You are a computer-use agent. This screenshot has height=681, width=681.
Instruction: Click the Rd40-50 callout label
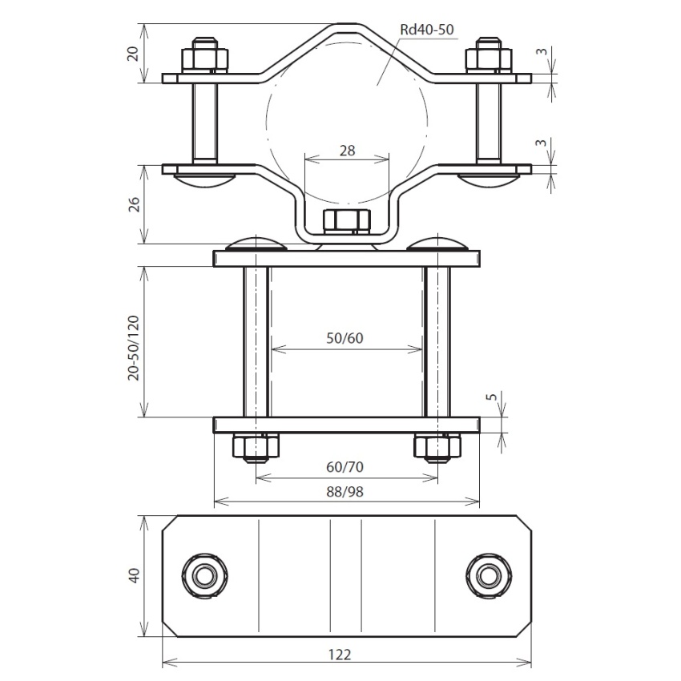tap(426, 30)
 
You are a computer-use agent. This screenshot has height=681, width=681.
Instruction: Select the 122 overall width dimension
tap(339, 654)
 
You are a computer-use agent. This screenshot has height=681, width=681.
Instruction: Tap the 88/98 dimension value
tap(345, 492)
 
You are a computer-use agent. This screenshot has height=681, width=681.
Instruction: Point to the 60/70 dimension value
tap(345, 467)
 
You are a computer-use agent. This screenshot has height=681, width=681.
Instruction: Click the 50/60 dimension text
tap(345, 338)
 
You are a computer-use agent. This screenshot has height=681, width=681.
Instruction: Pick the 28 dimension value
tap(347, 151)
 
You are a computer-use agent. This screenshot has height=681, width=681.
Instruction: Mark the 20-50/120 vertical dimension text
tap(134, 348)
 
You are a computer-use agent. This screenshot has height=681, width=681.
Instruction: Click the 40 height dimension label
tap(135, 575)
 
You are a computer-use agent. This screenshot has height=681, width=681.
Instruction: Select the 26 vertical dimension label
tap(135, 204)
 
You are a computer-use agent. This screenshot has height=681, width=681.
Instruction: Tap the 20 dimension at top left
tap(133, 53)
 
